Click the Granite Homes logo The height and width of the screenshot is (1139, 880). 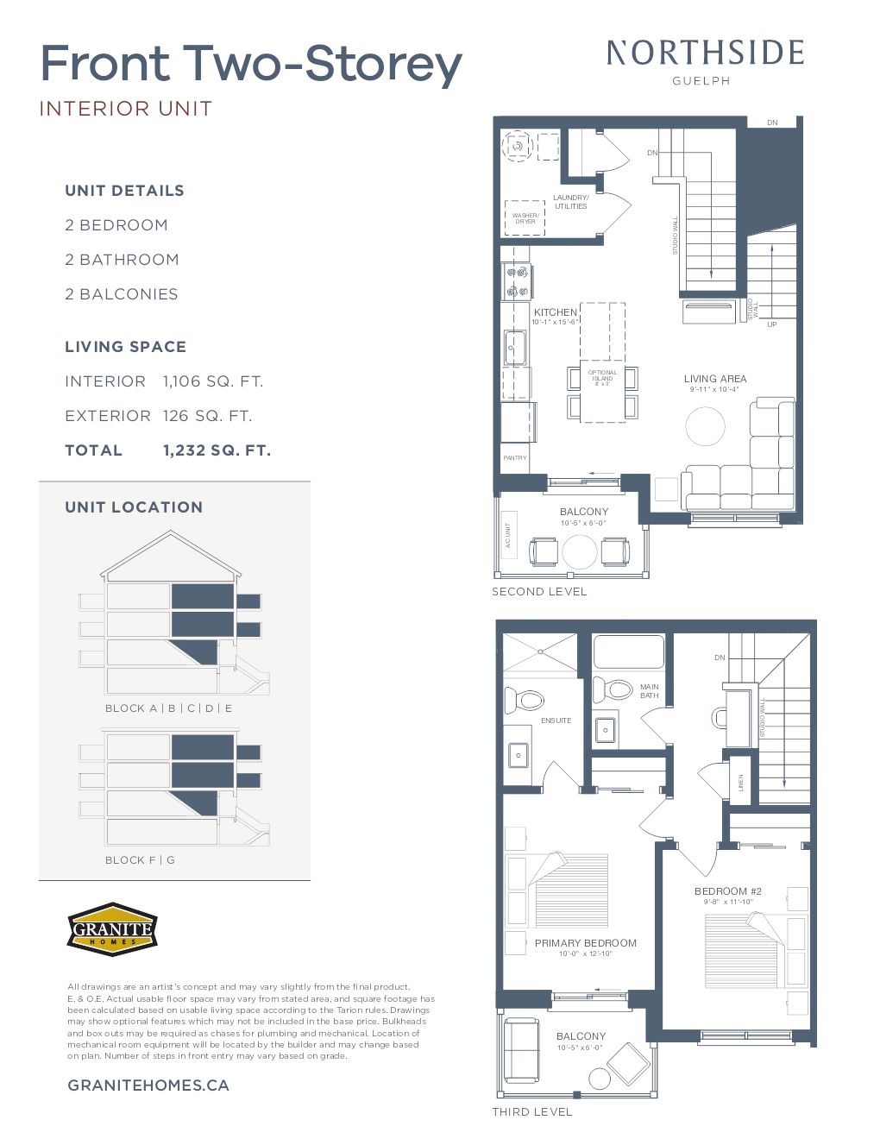(112, 929)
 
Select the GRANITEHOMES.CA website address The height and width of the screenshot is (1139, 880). (148, 1086)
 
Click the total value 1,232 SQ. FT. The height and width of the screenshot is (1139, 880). (217, 450)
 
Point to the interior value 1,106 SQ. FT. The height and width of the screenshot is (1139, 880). (213, 381)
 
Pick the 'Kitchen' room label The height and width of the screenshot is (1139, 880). (555, 312)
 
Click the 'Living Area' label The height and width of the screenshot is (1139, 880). (715, 379)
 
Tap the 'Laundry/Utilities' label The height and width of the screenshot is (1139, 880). (570, 202)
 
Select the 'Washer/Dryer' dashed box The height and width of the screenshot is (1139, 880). (525, 217)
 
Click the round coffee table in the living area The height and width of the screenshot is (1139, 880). (706, 425)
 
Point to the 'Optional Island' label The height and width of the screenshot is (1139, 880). (602, 377)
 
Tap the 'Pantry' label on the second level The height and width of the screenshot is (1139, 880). (515, 458)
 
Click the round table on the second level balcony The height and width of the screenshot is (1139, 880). (579, 552)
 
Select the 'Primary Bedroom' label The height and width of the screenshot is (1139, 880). (585, 943)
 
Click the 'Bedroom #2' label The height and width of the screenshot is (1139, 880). (727, 891)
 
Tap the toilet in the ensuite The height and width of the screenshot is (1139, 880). (523, 699)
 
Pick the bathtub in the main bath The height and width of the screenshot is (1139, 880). (628, 652)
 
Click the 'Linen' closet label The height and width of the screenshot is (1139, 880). (740, 782)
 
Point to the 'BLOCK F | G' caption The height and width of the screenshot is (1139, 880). (140, 860)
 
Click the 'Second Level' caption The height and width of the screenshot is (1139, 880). (539, 592)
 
